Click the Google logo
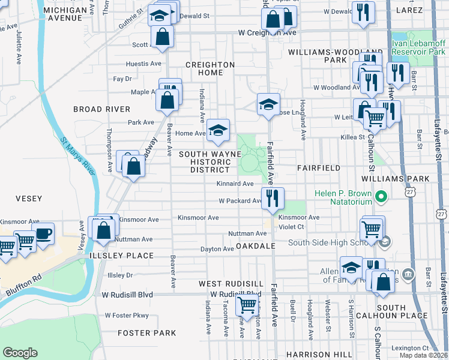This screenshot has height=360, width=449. point(20,352)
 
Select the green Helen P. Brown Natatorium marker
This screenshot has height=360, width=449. point(380,196)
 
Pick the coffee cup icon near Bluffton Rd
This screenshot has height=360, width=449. point(43,233)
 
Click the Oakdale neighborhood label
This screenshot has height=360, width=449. point(255,247)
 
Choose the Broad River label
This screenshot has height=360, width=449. point(101,109)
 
